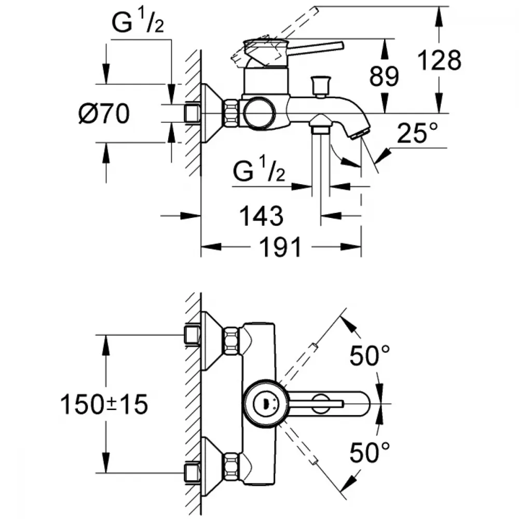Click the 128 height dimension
click(439, 60)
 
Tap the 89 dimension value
click(384, 76)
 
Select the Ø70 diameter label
click(104, 113)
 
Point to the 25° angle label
click(417, 132)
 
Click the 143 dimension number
click(261, 216)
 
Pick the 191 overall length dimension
click(281, 247)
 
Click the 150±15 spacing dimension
click(104, 404)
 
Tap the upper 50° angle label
click(370, 356)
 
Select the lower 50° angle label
click(370, 453)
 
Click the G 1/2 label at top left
click(138, 22)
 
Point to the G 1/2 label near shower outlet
click(259, 170)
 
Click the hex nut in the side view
click(231, 113)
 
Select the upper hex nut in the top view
click(231, 341)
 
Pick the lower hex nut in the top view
click(231, 468)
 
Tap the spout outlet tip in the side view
click(360, 135)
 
